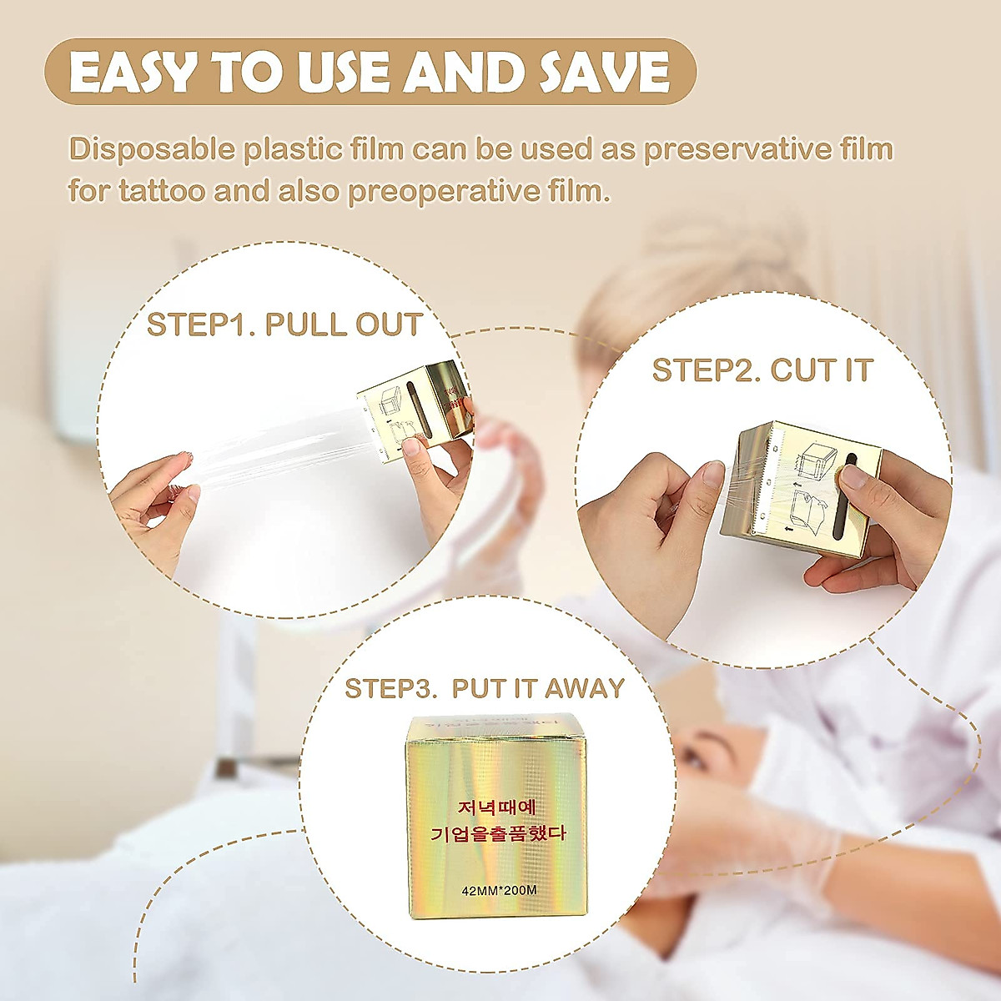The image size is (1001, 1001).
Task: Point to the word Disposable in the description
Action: (152, 150)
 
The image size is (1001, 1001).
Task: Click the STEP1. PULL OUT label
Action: (284, 324)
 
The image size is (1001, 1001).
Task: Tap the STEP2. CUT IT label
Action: (762, 370)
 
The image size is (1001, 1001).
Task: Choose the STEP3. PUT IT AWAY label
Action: (485, 688)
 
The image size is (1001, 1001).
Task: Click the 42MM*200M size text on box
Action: (499, 890)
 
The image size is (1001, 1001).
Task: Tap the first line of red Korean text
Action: (498, 808)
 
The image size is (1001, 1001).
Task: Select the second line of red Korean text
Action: (498, 833)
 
